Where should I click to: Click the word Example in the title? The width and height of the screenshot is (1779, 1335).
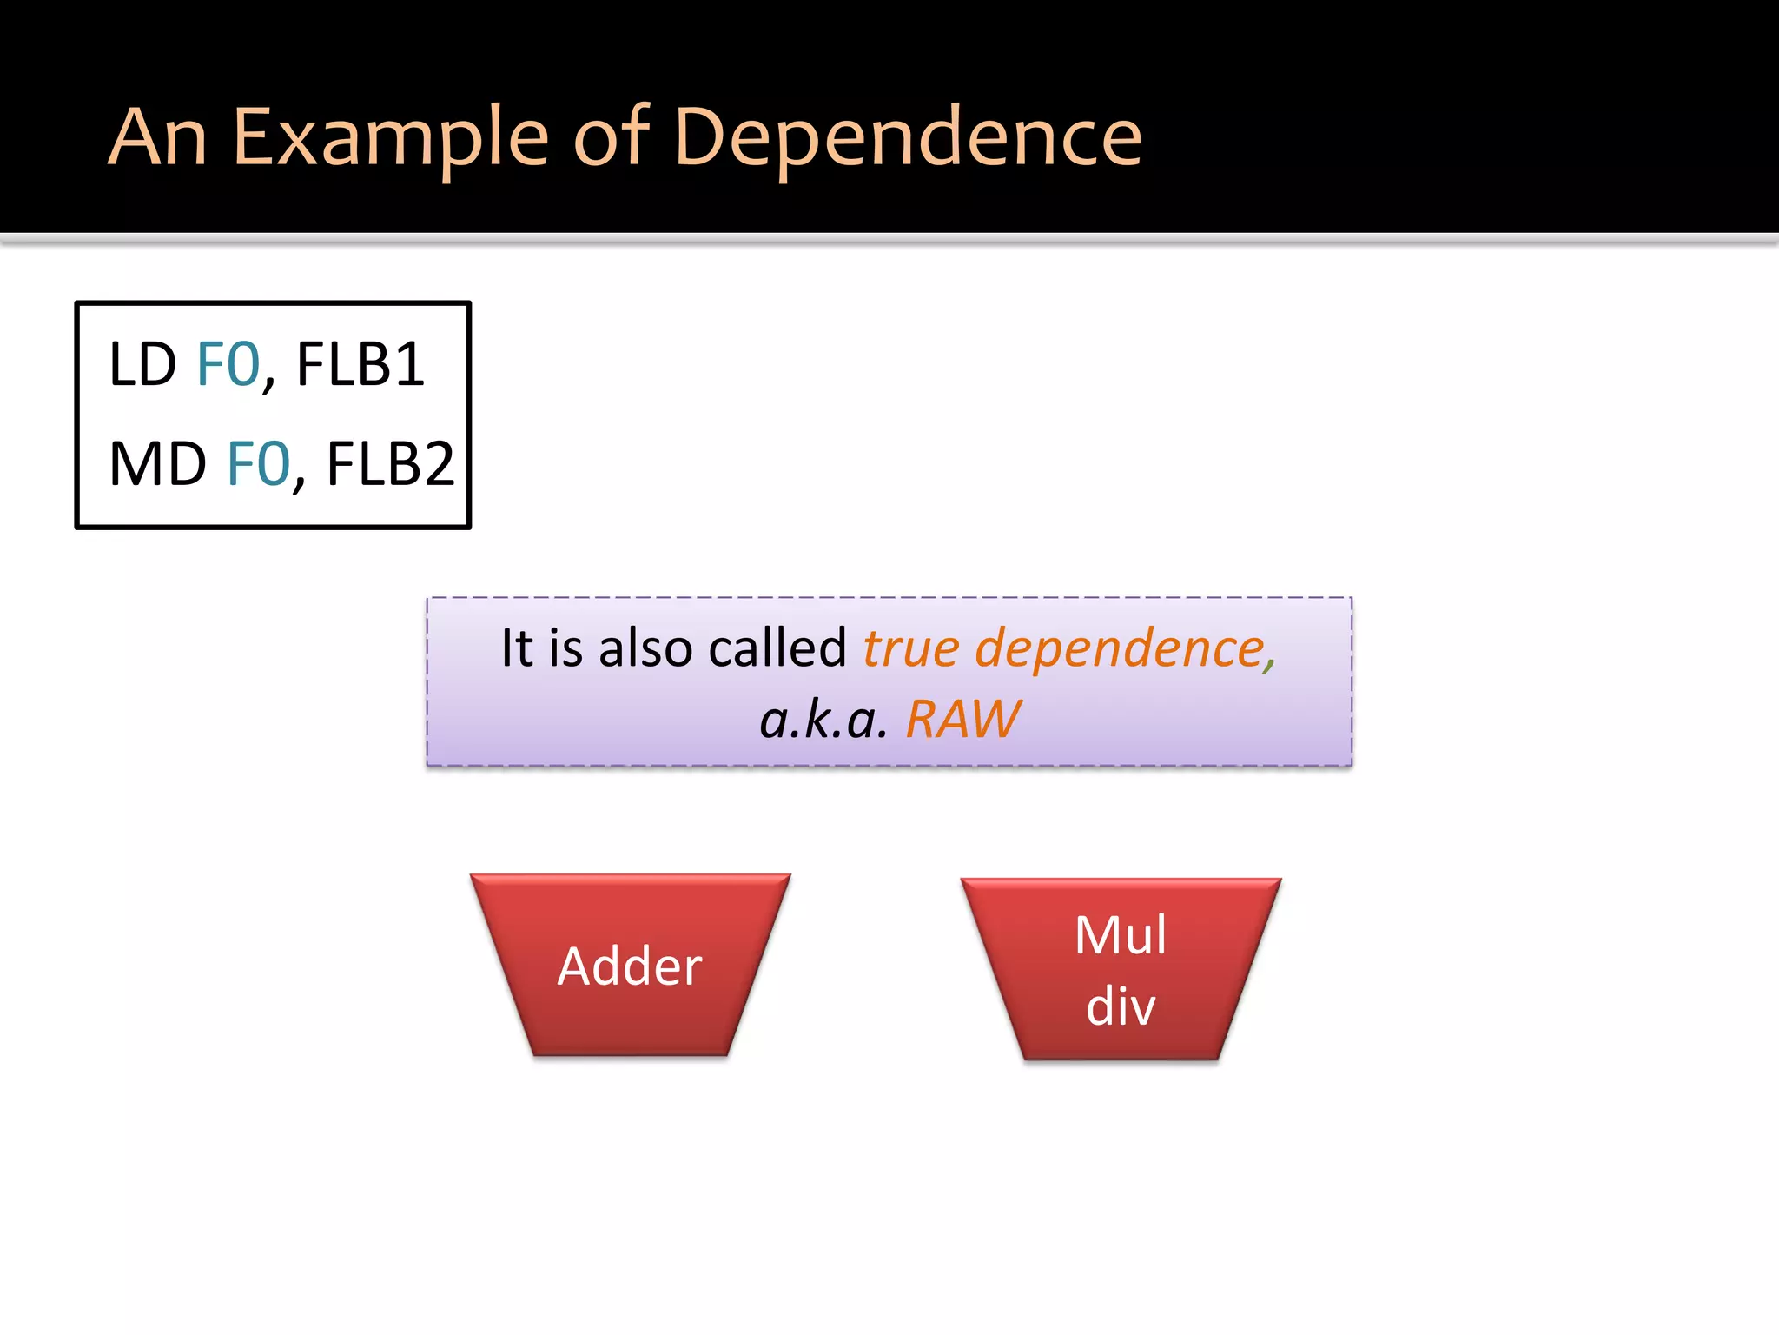click(x=391, y=137)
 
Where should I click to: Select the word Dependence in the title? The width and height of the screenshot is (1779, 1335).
click(x=907, y=137)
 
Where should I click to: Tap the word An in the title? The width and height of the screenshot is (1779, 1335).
click(x=157, y=137)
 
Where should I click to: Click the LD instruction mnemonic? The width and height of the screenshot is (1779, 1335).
click(x=142, y=364)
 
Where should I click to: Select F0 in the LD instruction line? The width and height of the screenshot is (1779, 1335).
click(x=228, y=364)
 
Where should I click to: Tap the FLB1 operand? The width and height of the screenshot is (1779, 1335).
click(x=360, y=364)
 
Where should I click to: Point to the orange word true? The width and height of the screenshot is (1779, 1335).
click(x=911, y=648)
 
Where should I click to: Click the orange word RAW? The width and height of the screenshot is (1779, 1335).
click(x=962, y=720)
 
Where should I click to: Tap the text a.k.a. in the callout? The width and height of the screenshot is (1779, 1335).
click(x=823, y=720)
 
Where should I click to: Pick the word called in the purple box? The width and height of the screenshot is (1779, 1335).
click(x=777, y=648)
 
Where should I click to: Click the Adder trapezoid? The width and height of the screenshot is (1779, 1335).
click(x=630, y=966)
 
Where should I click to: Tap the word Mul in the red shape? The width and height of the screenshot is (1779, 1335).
click(x=1121, y=935)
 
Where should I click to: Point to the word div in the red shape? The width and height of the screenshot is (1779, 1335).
click(x=1121, y=1006)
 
